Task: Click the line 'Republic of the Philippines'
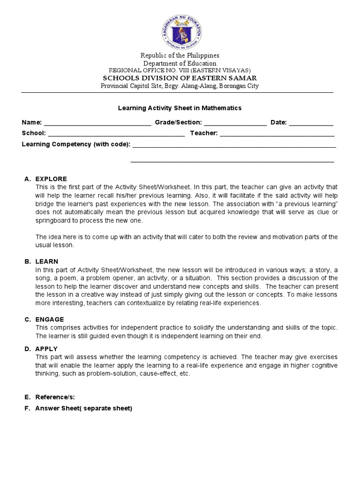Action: (180, 55)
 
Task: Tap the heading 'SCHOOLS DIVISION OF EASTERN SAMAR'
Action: (180, 78)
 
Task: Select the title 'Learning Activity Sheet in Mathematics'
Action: (180, 108)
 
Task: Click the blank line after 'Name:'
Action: (97, 123)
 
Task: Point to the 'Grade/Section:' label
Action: (179, 122)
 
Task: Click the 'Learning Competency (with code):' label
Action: (76, 144)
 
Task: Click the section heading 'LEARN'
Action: (47, 261)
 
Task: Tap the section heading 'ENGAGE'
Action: (50, 319)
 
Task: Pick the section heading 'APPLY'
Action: (46, 349)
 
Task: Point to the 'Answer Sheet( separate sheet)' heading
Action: (84, 408)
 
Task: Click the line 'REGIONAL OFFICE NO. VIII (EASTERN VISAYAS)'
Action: (180, 70)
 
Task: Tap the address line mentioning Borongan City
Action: (180, 86)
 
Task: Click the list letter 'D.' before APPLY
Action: (28, 349)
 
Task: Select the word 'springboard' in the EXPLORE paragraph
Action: (52, 221)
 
